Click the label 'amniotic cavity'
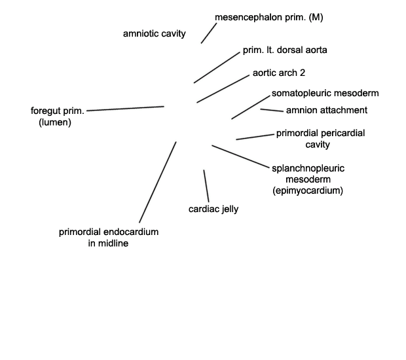[155, 33]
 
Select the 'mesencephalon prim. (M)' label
[269, 17]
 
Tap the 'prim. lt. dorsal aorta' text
[285, 50]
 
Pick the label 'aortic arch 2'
[279, 73]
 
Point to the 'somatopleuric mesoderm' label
[325, 93]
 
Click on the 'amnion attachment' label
[327, 110]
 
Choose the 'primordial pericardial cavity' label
[321, 139]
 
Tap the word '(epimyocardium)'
[308, 190]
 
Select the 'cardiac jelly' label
[213, 209]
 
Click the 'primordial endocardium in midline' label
[109, 238]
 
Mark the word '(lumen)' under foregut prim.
[55, 122]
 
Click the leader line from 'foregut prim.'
[125, 109]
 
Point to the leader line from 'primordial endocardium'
[158, 182]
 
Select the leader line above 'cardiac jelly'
[206, 186]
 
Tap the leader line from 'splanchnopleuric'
[240, 156]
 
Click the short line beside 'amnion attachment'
[272, 110]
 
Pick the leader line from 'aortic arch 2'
[223, 89]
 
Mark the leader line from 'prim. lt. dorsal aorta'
[217, 67]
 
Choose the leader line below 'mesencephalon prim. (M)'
[209, 33]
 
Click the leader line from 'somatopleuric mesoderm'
[251, 107]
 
